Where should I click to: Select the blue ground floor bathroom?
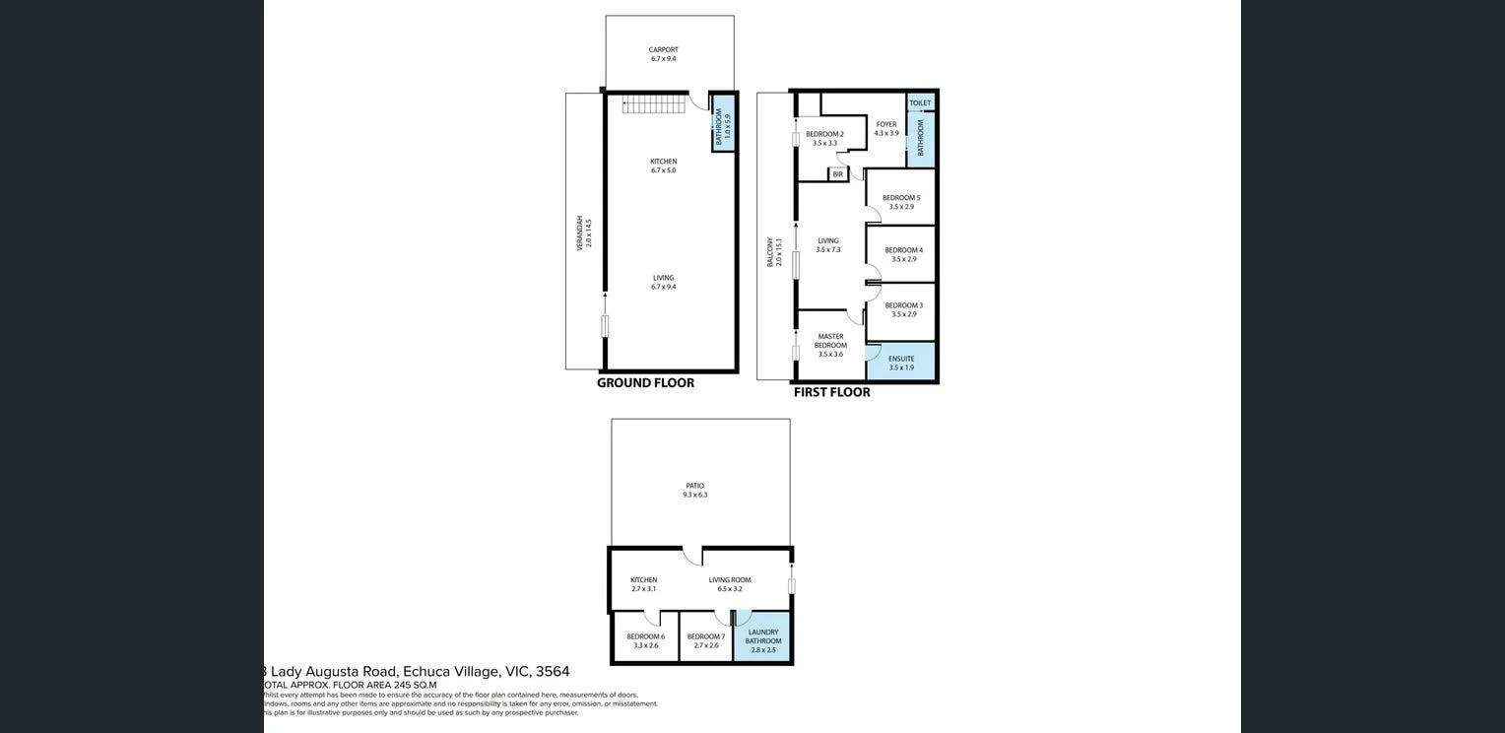point(724,123)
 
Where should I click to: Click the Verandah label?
point(584,233)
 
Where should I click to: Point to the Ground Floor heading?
point(645,383)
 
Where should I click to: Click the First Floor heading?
point(831,392)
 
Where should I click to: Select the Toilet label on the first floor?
point(920,103)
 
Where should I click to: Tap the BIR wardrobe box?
point(838,174)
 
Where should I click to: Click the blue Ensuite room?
point(900,362)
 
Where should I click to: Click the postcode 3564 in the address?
point(553,672)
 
